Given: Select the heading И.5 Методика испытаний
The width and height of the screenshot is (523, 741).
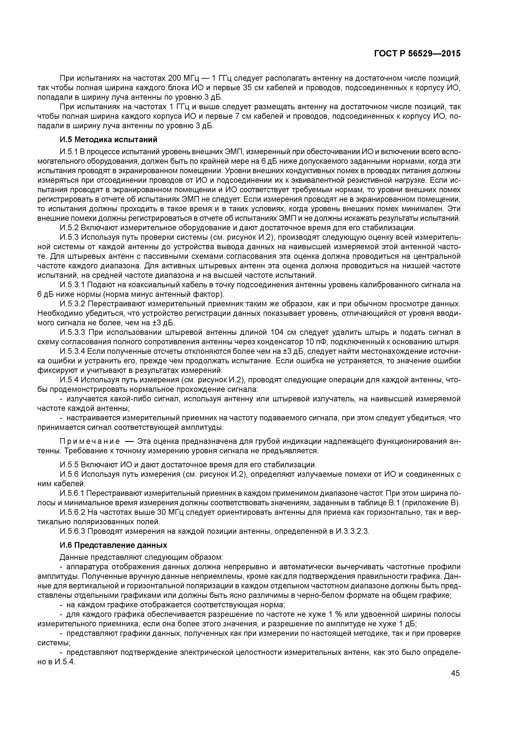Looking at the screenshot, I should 109,140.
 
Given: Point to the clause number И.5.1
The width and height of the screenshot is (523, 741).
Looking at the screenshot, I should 69,152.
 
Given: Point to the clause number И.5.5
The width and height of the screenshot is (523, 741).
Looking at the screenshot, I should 69,465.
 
